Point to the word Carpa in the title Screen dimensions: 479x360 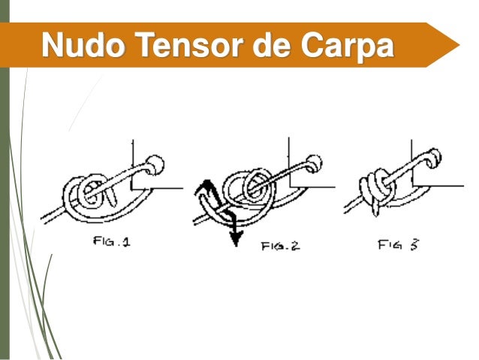coord(347,47)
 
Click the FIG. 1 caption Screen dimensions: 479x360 coord(112,242)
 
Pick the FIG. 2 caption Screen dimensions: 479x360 coord(281,246)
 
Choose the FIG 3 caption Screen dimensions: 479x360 coord(399,245)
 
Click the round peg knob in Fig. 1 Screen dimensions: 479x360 coord(155,165)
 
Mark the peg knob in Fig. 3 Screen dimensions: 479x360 coord(434,158)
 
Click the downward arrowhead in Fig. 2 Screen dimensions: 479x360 coord(236,238)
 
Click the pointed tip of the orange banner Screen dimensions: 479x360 coord(459,45)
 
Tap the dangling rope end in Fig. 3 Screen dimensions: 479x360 coord(375,209)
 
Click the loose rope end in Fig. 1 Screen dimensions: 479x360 coord(111,196)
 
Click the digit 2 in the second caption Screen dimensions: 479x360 coord(295,246)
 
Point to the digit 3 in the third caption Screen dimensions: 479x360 coord(414,245)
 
